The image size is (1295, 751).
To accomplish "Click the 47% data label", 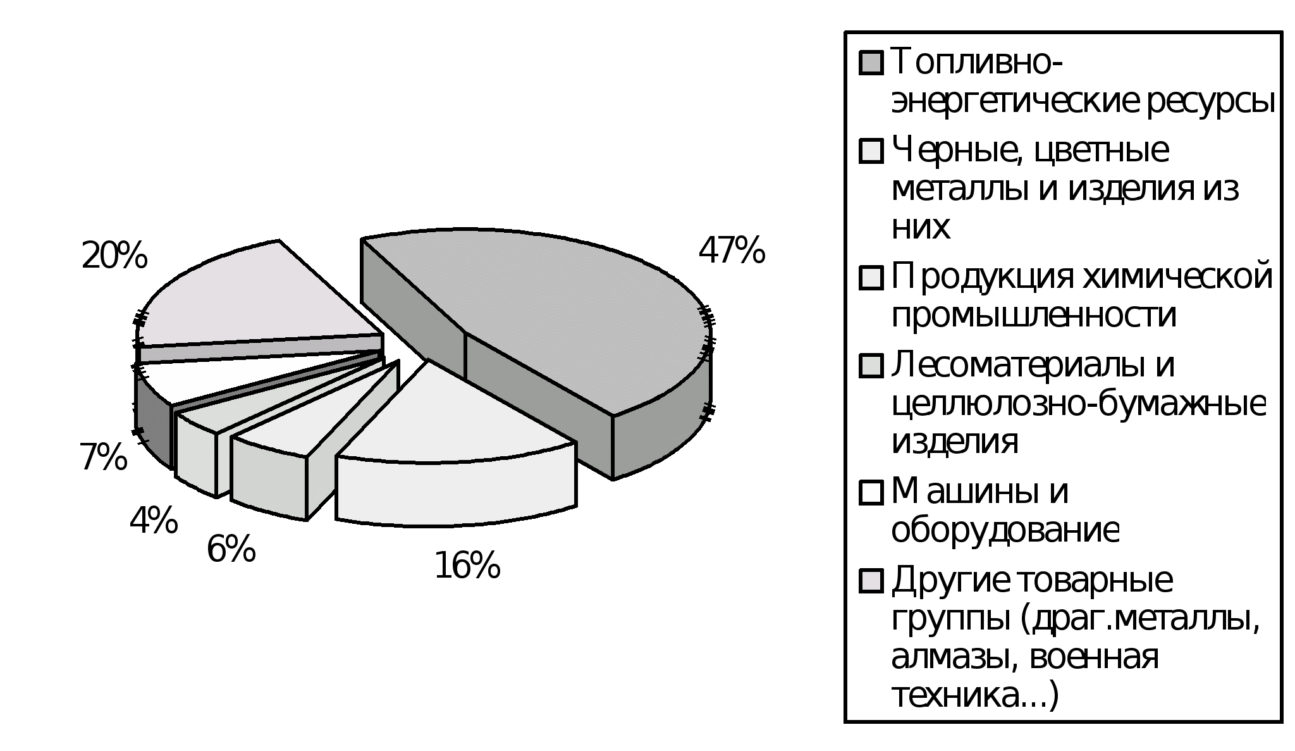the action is pyautogui.click(x=732, y=251).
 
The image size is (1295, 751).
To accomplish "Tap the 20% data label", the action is pyautogui.click(x=114, y=256).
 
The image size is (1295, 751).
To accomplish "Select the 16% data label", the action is pyautogui.click(x=467, y=565).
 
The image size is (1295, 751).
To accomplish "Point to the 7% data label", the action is pyautogui.click(x=103, y=457).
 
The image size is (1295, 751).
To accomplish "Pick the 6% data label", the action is pyautogui.click(x=231, y=549).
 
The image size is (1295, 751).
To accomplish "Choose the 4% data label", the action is pyautogui.click(x=153, y=521).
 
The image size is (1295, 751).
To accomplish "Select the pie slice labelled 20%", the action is pyautogui.click(x=253, y=297).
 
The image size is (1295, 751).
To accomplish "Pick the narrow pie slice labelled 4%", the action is pyautogui.click(x=253, y=405).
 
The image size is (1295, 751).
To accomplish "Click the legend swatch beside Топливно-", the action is pyautogui.click(x=871, y=63).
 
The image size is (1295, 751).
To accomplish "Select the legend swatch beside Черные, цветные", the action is pyautogui.click(x=871, y=151).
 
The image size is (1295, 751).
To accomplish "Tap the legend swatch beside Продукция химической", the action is pyautogui.click(x=871, y=278).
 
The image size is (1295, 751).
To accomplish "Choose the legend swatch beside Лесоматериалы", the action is pyautogui.click(x=871, y=366).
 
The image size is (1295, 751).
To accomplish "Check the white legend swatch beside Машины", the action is pyautogui.click(x=871, y=492).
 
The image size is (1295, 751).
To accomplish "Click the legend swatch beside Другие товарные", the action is pyautogui.click(x=871, y=581).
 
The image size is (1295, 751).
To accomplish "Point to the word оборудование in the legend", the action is pyautogui.click(x=1005, y=530).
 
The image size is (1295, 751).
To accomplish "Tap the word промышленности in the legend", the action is pyautogui.click(x=1034, y=315).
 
